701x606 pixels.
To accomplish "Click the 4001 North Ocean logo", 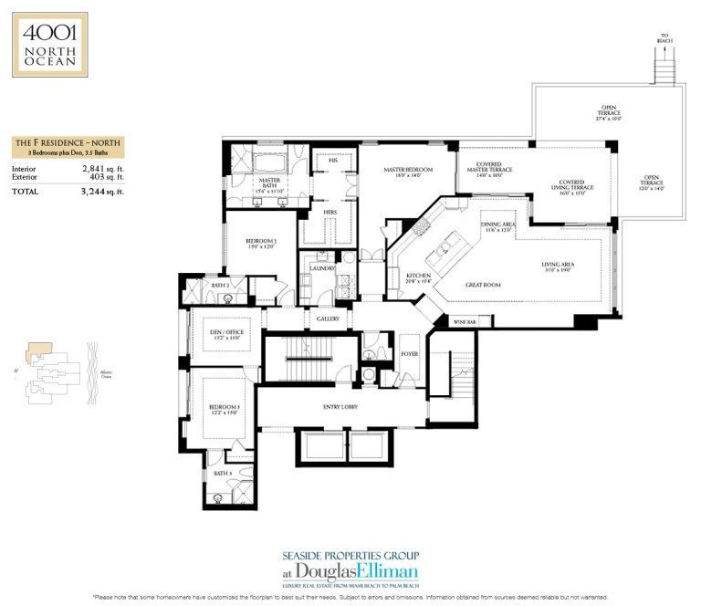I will (50, 44).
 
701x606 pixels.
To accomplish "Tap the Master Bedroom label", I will (407, 171).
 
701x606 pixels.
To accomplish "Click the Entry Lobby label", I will (338, 406).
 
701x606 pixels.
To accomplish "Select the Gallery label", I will (328, 319).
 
